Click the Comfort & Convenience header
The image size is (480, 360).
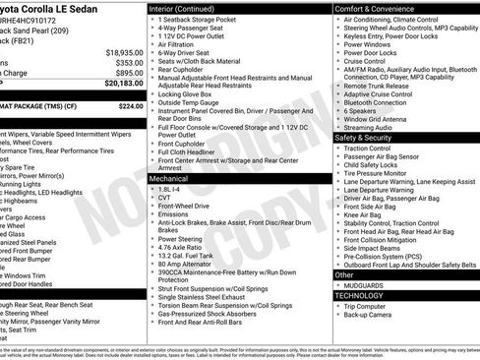374,7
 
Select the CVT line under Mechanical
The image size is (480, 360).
164,198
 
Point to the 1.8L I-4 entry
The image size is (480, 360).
169,189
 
